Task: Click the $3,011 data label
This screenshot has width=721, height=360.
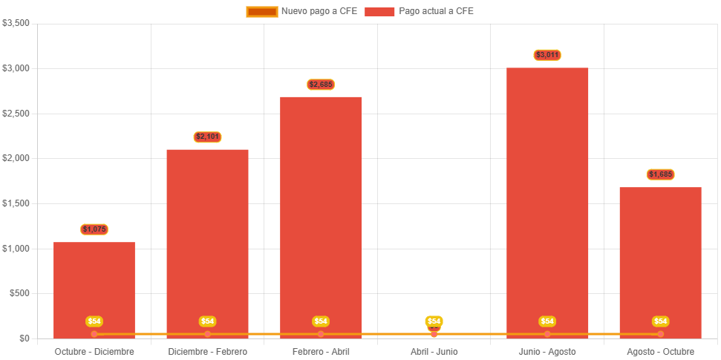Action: (547, 55)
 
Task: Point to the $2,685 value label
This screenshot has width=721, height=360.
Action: (321, 85)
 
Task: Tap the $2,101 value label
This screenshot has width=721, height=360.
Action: (208, 137)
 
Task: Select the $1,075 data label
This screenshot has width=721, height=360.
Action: (94, 229)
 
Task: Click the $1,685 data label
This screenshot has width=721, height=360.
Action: (660, 174)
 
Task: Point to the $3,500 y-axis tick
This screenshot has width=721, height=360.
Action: (16, 23)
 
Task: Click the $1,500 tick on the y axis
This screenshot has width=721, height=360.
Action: (16, 203)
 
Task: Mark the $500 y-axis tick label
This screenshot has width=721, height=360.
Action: (19, 293)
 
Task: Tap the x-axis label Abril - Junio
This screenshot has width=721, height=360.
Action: (434, 351)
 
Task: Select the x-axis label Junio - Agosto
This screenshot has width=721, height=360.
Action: (547, 351)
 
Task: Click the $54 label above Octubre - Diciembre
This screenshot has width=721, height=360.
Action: (94, 321)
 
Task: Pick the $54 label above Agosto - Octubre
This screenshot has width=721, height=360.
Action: (660, 321)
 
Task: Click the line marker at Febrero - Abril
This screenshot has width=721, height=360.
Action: (321, 334)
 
